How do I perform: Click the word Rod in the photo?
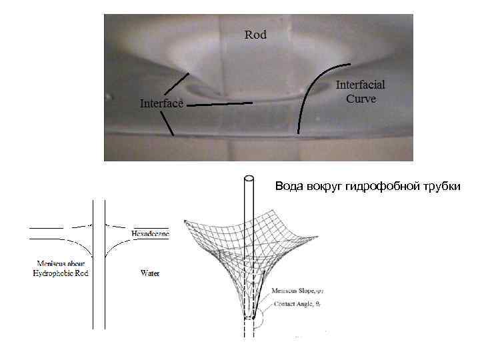click(x=255, y=35)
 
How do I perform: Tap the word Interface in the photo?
click(x=161, y=103)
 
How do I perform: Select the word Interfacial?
click(x=360, y=86)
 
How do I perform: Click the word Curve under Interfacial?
click(x=361, y=99)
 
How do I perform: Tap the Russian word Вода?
click(x=289, y=187)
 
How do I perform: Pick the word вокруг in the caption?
click(x=325, y=187)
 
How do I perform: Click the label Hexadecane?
click(x=150, y=234)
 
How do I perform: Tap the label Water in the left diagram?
click(x=150, y=273)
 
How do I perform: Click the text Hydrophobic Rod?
click(x=61, y=273)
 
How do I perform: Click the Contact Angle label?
click(x=299, y=303)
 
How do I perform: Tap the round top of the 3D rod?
click(x=249, y=178)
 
